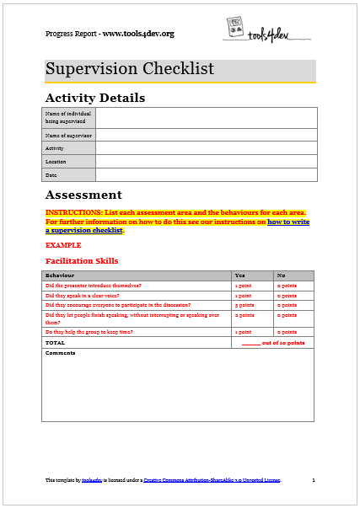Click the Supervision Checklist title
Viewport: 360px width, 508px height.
(130, 69)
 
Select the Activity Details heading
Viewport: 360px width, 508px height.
(94, 98)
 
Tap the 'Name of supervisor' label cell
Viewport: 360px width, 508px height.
(68, 135)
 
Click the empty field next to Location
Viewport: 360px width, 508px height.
(206, 161)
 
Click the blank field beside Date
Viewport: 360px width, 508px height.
(206, 174)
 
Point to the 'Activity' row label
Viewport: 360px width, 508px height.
(56, 147)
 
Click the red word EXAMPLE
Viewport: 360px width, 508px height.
(62, 244)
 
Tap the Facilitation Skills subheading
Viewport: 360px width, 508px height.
(82, 261)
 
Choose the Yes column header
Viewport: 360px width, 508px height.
(240, 275)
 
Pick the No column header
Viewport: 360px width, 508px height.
(282, 275)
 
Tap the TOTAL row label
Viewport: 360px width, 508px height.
(55, 343)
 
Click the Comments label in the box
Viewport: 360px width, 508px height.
(60, 353)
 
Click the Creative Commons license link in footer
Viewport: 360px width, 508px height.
(212, 479)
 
